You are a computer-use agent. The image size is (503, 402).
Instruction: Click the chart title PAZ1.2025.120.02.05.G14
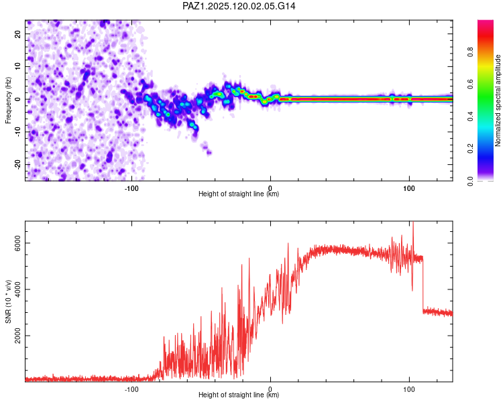pyautogui.click(x=239, y=6)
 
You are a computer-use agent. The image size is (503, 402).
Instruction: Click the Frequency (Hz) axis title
pyautogui.click(x=8, y=100)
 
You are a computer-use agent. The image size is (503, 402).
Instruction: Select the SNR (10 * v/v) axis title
pyautogui.click(x=8, y=301)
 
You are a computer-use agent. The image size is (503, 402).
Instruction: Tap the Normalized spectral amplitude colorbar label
pyautogui.click(x=498, y=100)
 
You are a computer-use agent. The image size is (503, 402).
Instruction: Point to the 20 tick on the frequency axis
pyautogui.click(x=18, y=34)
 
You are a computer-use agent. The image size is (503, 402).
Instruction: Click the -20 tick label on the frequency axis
pyautogui.click(x=18, y=165)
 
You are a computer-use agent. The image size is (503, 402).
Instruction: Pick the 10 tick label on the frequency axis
pyautogui.click(x=18, y=66)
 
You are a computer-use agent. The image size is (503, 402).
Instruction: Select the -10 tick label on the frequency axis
pyautogui.click(x=18, y=132)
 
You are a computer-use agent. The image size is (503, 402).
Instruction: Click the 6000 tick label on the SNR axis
pyautogui.click(x=18, y=243)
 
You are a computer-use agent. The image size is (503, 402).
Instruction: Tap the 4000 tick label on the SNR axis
pyautogui.click(x=18, y=289)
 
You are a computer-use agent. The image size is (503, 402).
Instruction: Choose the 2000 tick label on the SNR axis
pyautogui.click(x=18, y=336)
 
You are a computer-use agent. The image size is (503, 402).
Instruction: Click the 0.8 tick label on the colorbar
pyautogui.click(x=470, y=52)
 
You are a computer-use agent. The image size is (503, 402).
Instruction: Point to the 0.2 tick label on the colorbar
pyautogui.click(x=470, y=149)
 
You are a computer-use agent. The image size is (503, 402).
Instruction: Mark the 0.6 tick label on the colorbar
pyautogui.click(x=470, y=84)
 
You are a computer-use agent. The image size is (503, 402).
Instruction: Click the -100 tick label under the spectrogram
pyautogui.click(x=131, y=188)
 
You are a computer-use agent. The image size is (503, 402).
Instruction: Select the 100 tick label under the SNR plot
pyautogui.click(x=409, y=389)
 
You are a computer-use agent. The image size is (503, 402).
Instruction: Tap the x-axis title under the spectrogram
pyautogui.click(x=239, y=194)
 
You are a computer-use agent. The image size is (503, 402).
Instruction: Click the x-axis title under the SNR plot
pyautogui.click(x=239, y=395)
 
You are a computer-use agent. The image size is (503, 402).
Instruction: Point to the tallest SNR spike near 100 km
pyautogui.click(x=413, y=222)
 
